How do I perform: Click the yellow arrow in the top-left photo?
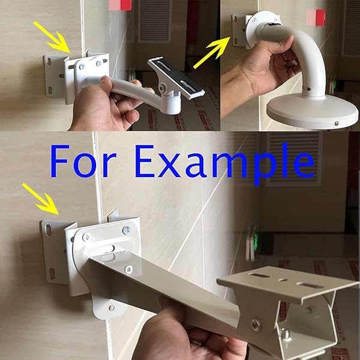coord(52,36)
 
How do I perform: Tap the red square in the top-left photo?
coord(120,5)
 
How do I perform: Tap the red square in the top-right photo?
coord(316,17)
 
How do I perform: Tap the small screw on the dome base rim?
coord(336,123)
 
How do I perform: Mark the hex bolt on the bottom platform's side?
coord(256,325)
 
